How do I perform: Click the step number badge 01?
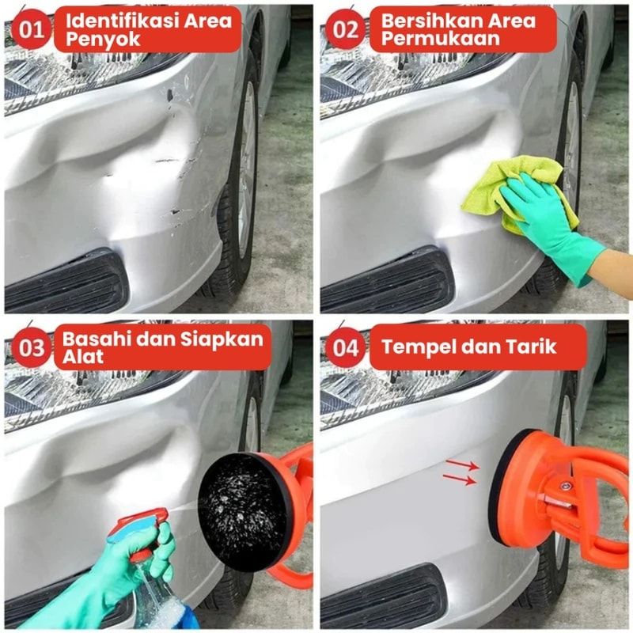pyautogui.click(x=31, y=29)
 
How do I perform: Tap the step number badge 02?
pyautogui.click(x=346, y=29)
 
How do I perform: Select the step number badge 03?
pyautogui.click(x=31, y=347)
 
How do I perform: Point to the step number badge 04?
pyautogui.click(x=346, y=347)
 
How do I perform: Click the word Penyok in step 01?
pyautogui.click(x=103, y=40)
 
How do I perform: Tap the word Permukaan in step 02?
pyautogui.click(x=441, y=39)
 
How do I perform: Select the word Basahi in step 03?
pyautogui.click(x=97, y=339)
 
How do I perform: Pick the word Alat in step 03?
pyautogui.click(x=83, y=357)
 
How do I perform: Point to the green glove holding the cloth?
pyautogui.click(x=553, y=226)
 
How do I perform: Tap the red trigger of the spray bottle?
pyautogui.click(x=139, y=525)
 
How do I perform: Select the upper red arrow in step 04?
pyautogui.click(x=462, y=464)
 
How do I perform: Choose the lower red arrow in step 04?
pyautogui.click(x=460, y=479)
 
